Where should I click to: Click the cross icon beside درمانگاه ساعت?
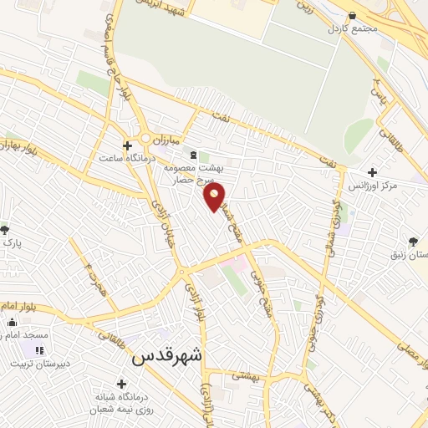[126, 144]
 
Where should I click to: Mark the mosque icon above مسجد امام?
[12, 323]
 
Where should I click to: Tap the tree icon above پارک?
[5, 229]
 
